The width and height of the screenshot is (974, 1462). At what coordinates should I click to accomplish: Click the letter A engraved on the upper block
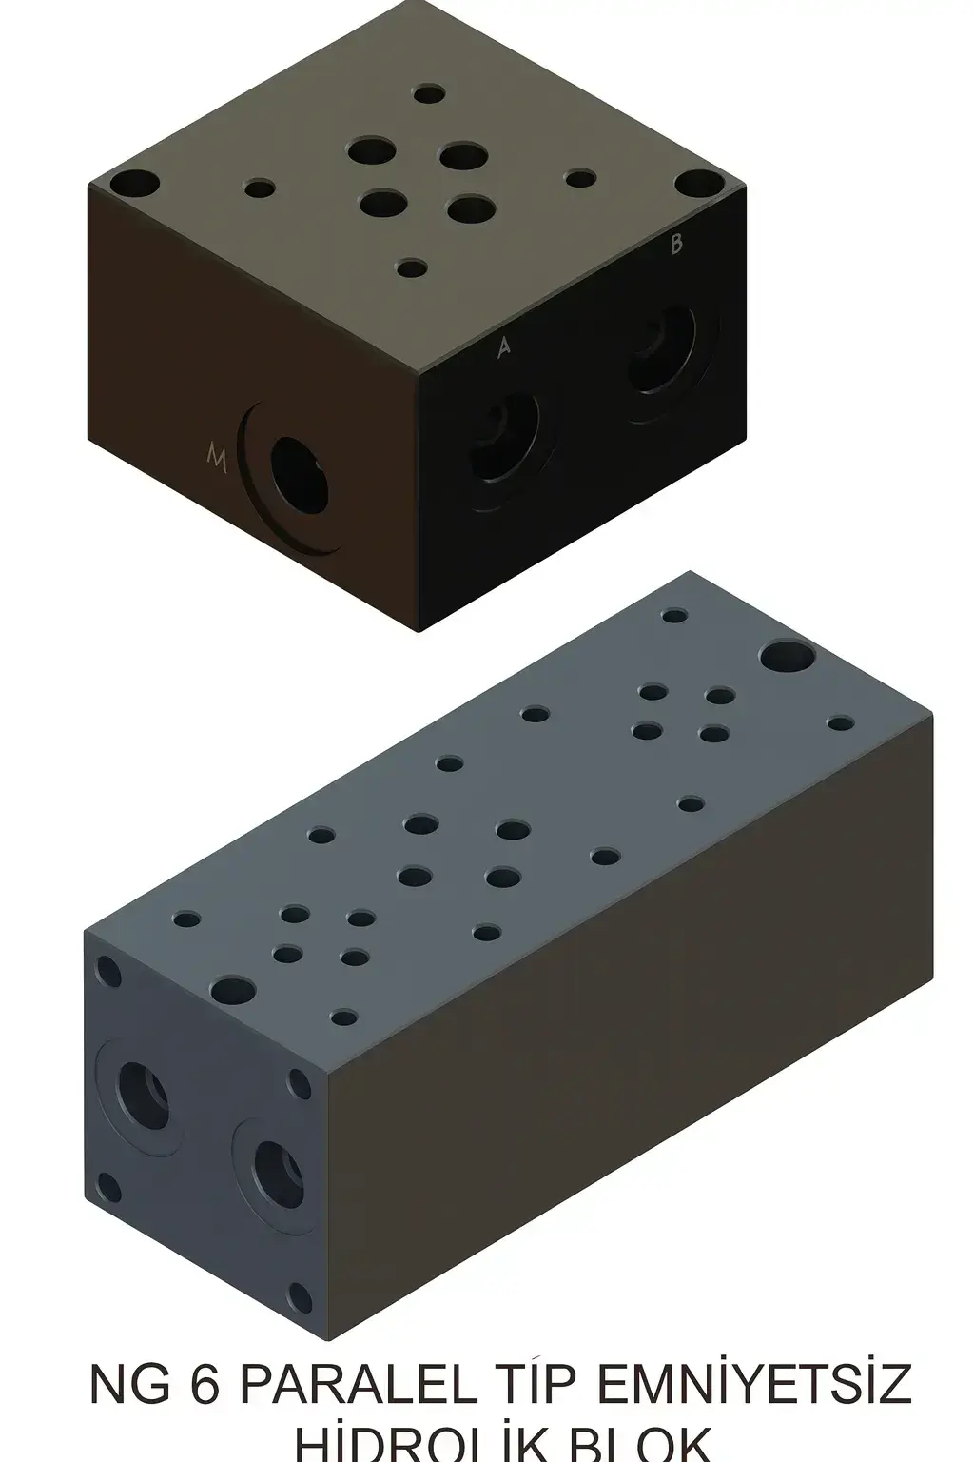[x=504, y=348]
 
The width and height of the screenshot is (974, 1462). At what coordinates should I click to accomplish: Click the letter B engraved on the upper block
[x=676, y=245]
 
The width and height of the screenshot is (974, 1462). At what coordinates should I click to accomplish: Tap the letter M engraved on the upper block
[x=218, y=457]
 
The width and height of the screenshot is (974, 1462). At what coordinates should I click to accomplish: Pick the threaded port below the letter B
[x=662, y=348]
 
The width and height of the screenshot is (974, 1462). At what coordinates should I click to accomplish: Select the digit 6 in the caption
[x=204, y=1384]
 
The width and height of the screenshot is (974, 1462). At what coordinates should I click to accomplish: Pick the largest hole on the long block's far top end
[x=785, y=657]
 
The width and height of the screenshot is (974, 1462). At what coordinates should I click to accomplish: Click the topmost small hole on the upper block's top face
[x=430, y=94]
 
